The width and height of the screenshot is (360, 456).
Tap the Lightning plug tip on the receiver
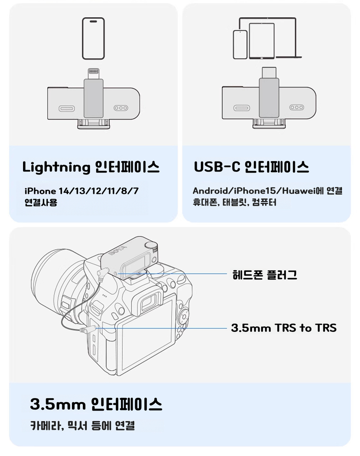pyautogui.click(x=93, y=73)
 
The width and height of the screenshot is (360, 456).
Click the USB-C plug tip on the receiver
pyautogui.click(x=269, y=72)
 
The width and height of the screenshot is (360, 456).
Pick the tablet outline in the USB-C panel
pyautogui.click(x=262, y=41)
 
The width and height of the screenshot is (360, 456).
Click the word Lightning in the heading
pyautogui.click(x=57, y=168)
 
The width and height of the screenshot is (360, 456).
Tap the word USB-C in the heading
pyautogui.click(x=217, y=167)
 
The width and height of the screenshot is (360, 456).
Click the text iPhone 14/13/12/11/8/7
pyautogui.click(x=82, y=191)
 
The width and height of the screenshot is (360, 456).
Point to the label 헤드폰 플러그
pyautogui.click(x=265, y=274)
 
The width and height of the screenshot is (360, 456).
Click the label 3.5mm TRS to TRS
pyautogui.click(x=284, y=328)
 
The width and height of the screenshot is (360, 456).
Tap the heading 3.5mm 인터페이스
pyautogui.click(x=96, y=404)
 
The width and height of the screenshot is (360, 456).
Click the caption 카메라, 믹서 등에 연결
pyautogui.click(x=82, y=426)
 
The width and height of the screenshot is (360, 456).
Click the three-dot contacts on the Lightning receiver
pyautogui.click(x=121, y=108)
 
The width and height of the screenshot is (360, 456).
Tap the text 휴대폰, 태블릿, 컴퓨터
pyautogui.click(x=234, y=202)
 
